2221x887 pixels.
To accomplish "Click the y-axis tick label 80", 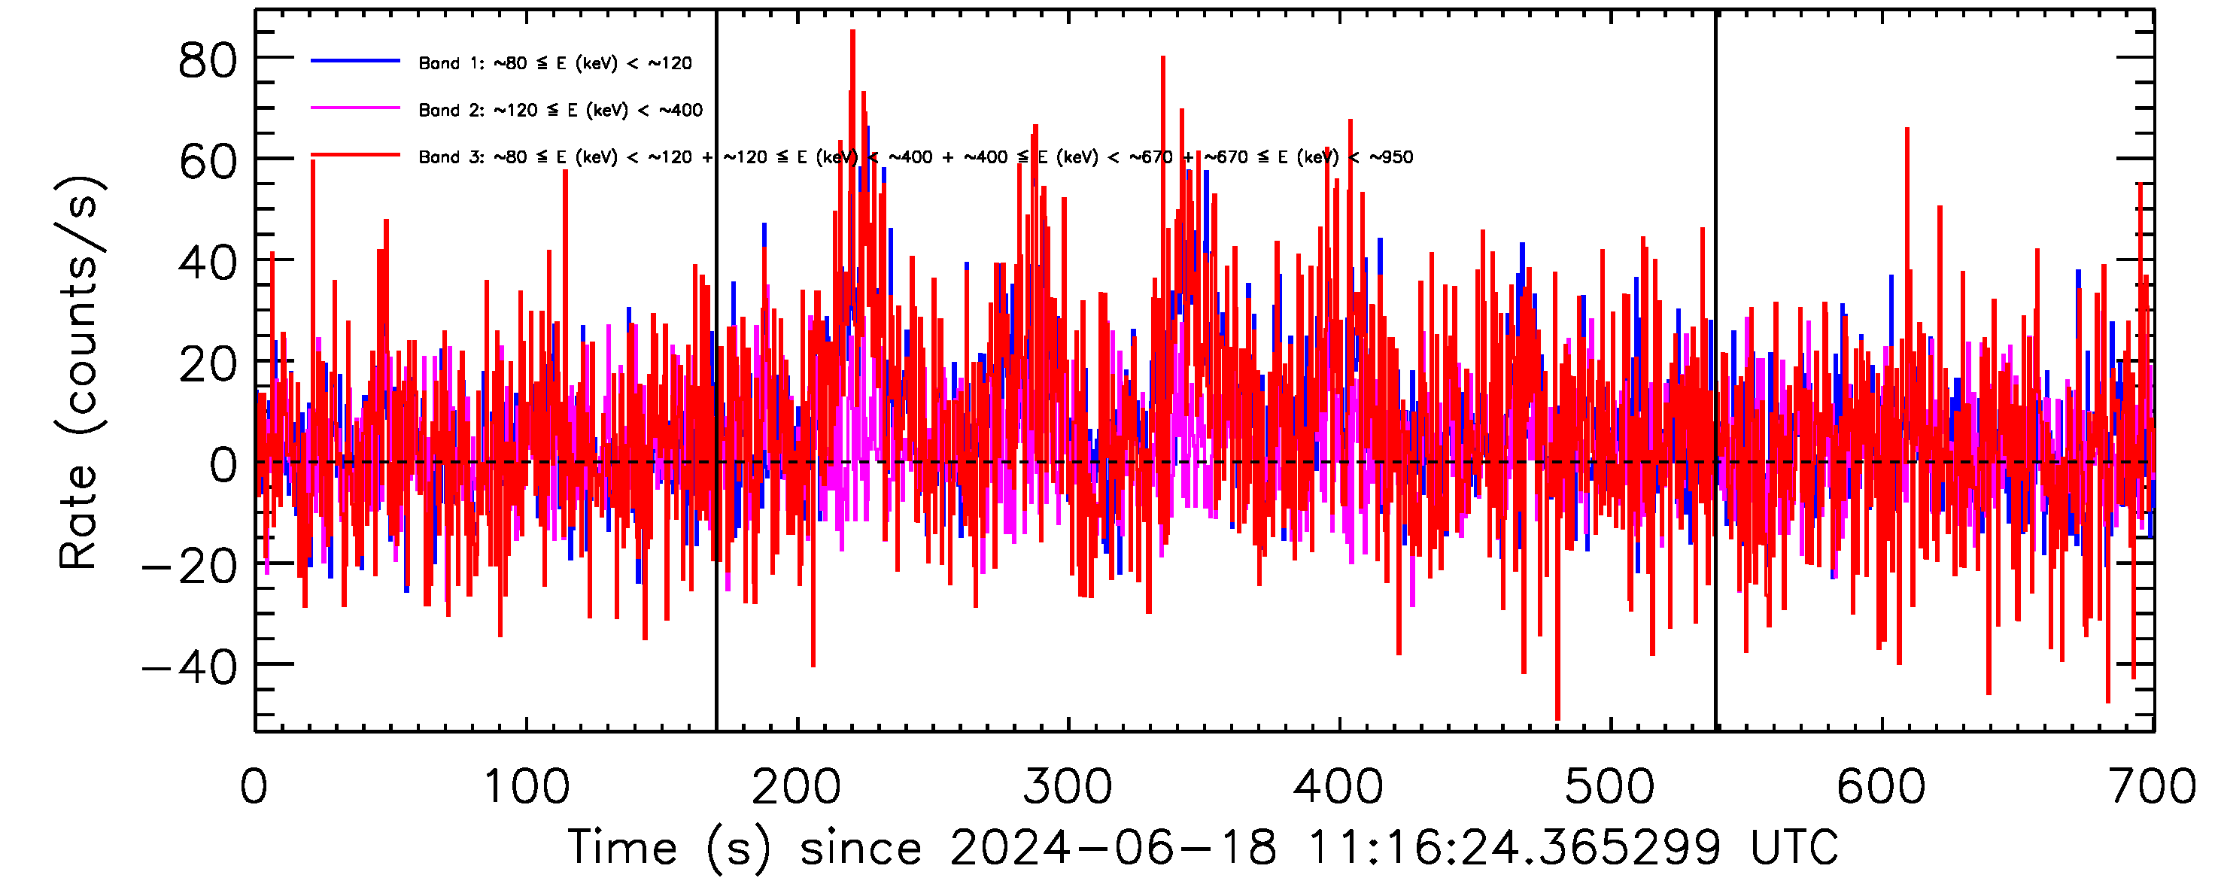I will (207, 61).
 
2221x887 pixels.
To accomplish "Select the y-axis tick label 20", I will (207, 365).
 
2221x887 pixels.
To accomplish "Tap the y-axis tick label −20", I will (190, 567).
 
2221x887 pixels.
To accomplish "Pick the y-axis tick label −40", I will (190, 668).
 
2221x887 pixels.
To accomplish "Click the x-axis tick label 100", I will (526, 787).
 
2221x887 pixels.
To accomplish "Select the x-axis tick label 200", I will (797, 787).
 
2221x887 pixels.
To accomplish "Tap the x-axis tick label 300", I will (1068, 787).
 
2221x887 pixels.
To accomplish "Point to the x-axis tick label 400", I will (1339, 787).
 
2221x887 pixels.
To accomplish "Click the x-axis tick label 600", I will (1880, 787).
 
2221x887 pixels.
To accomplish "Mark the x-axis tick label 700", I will (2152, 787).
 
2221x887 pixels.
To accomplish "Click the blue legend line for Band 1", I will (355, 61).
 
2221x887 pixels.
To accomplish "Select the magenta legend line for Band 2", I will (355, 108).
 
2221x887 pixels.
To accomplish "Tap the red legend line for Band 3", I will (355, 156).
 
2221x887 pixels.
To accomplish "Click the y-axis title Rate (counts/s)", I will (79, 372).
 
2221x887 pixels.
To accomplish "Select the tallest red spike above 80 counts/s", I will (852, 35).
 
